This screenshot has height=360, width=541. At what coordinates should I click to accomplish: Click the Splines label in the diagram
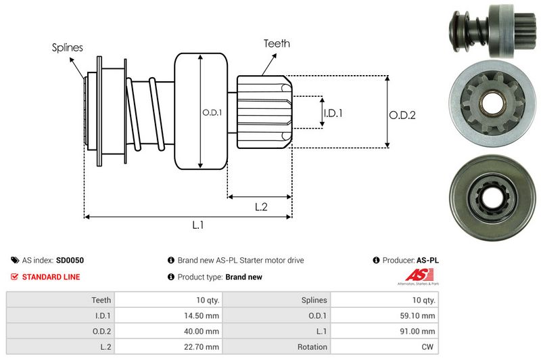(x=68, y=47)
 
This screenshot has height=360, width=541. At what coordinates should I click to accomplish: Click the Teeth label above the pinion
(x=277, y=43)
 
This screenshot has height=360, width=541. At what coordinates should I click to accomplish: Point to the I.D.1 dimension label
(x=333, y=113)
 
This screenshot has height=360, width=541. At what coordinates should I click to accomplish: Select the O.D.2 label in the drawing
(x=402, y=115)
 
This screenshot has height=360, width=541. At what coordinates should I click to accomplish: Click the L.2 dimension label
(x=261, y=207)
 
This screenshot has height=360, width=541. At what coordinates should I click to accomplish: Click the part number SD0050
(x=70, y=260)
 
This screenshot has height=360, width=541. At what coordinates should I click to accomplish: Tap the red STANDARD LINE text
(x=51, y=277)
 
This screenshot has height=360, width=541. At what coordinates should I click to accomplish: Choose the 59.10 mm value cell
(x=419, y=315)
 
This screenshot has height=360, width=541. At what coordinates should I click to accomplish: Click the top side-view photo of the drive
(x=492, y=30)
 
